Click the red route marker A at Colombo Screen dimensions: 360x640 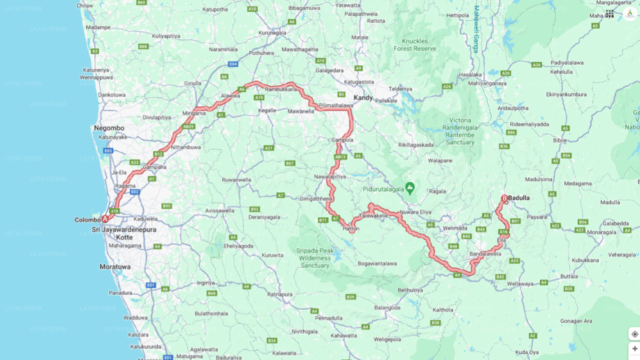coord(105,219)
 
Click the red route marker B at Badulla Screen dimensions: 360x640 coord(504,198)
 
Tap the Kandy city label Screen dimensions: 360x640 coord(363,97)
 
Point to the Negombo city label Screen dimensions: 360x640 coord(109,128)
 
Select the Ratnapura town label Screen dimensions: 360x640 coord(279,294)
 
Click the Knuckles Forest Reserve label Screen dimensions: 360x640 coord(415,44)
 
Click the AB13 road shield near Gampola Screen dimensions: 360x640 coord(340,157)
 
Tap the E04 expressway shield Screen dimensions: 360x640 coord(233,64)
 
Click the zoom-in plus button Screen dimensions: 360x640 coord(634,348)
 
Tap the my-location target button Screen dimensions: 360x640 coord(634,334)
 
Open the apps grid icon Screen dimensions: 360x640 coord(609,14)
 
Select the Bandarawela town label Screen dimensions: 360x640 coord(485,254)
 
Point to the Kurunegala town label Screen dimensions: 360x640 coord(272,32)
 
